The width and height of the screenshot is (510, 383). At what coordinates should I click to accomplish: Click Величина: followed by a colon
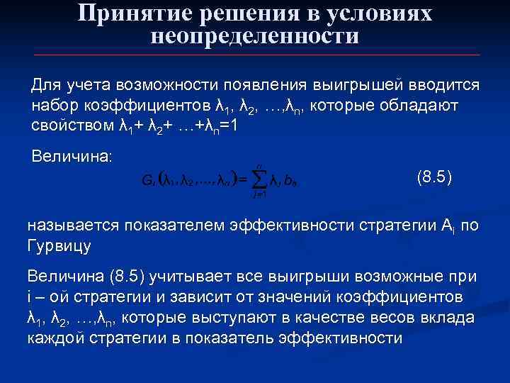pyautogui.click(x=72, y=155)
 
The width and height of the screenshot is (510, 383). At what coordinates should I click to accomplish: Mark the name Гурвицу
pyautogui.click(x=59, y=246)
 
